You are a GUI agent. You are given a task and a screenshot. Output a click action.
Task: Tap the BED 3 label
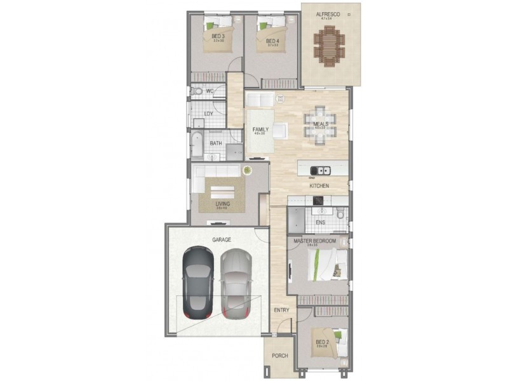click(218, 36)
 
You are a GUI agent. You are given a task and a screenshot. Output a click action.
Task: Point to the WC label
click(209, 91)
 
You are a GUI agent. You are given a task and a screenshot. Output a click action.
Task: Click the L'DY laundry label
click(208, 114)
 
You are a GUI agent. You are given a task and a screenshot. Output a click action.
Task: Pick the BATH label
click(216, 144)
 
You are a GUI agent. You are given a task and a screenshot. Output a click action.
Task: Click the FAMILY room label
click(260, 129)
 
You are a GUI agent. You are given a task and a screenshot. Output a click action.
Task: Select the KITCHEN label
click(319, 186)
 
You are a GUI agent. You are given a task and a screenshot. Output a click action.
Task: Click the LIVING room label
click(222, 204)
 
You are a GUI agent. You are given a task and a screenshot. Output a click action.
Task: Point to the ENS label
click(321, 222)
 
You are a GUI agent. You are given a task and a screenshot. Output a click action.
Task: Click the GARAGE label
click(222, 239)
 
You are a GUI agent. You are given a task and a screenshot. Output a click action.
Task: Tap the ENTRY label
click(282, 310)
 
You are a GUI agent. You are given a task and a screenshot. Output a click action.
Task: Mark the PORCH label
click(280, 356)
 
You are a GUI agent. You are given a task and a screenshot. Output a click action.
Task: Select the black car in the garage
click(197, 283)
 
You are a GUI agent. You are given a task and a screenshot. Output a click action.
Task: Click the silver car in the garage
click(236, 283)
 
